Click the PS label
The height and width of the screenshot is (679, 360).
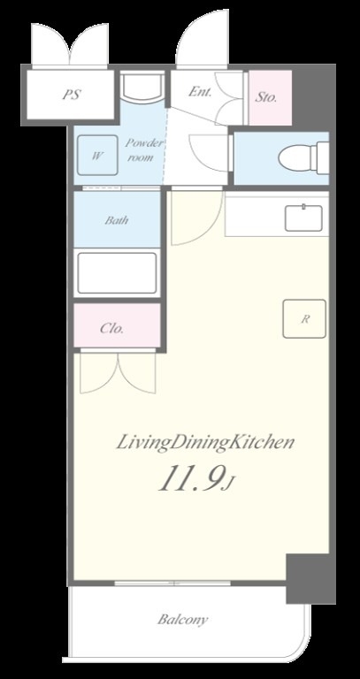click(x=72, y=95)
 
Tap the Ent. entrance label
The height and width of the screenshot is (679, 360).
click(x=200, y=92)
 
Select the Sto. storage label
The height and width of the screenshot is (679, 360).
click(x=265, y=97)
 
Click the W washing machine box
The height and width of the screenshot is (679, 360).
click(x=97, y=155)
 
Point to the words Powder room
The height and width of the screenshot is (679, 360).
click(x=140, y=149)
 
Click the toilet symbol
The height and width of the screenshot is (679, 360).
click(x=303, y=157)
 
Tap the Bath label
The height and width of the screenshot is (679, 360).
click(x=117, y=220)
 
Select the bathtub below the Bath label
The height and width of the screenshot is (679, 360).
click(x=117, y=273)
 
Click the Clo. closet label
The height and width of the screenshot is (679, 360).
click(x=111, y=328)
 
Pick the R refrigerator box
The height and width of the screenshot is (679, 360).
click(x=304, y=318)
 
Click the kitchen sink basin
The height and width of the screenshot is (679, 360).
click(x=303, y=217)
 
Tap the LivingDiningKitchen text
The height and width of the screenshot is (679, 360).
click(x=205, y=443)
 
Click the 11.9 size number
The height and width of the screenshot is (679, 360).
click(x=192, y=479)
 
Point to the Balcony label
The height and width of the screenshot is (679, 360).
click(x=182, y=620)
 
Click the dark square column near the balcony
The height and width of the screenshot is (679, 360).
click(x=310, y=578)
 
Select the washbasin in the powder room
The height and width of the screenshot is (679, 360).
click(x=142, y=87)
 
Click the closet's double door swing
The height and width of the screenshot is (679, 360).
click(x=118, y=372)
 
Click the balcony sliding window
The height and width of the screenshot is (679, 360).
click(x=172, y=583)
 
